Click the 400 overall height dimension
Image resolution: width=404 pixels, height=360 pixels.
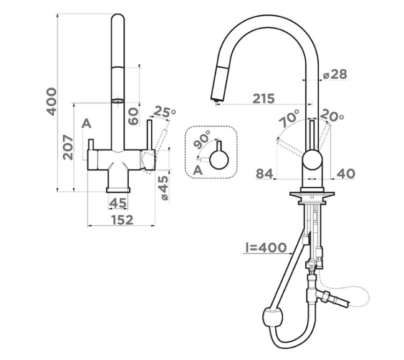[x=52, y=101]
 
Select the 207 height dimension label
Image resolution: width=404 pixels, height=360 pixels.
[x=68, y=147]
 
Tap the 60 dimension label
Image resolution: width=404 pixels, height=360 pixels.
[x=133, y=116]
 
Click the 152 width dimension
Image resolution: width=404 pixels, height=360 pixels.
[x=122, y=220]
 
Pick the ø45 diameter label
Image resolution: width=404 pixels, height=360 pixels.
[x=164, y=188]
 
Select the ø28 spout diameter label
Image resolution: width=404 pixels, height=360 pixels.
[x=335, y=75]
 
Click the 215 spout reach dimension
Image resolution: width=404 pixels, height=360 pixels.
[x=263, y=99]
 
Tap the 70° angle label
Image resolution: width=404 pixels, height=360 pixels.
[x=290, y=118]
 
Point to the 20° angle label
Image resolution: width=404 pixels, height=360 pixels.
[x=332, y=115]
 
